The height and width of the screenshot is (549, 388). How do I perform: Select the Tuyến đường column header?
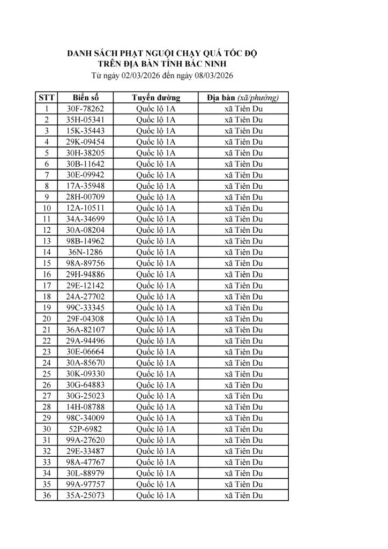point(155,98)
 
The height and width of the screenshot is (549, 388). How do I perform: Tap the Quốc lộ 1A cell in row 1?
point(155,109)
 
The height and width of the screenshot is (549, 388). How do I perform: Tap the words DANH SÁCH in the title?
point(87,54)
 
